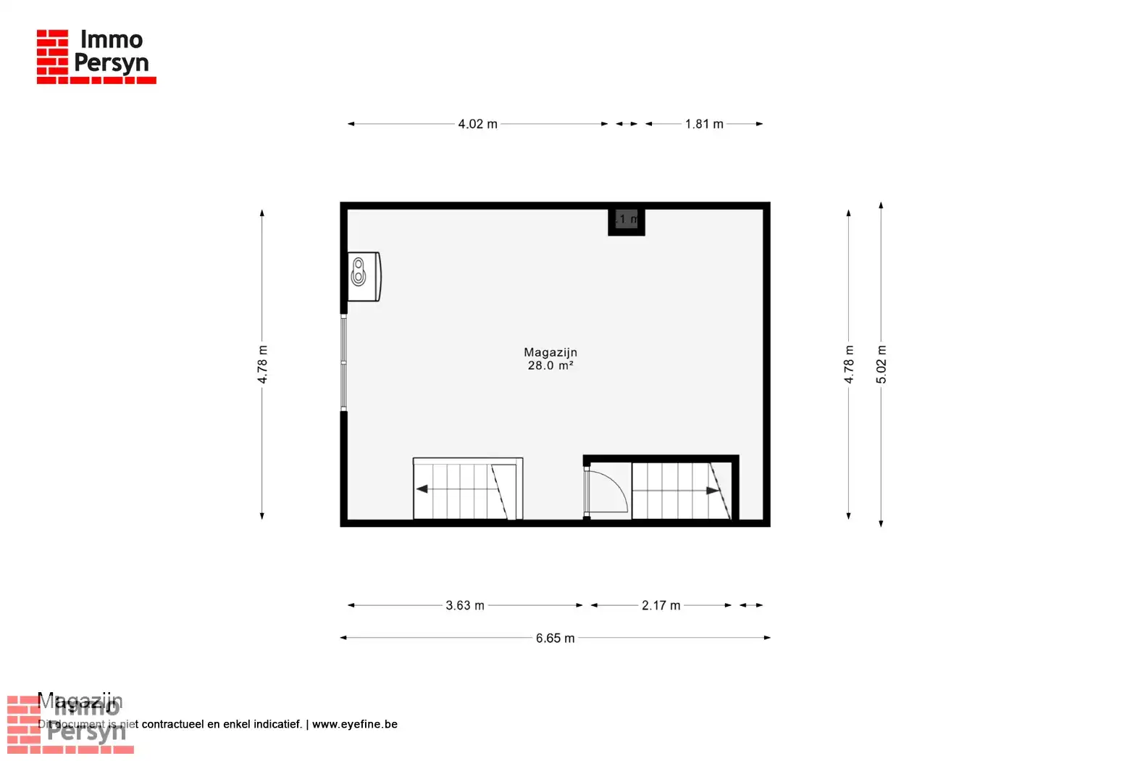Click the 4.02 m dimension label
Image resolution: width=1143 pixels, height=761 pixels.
pyautogui.click(x=477, y=124)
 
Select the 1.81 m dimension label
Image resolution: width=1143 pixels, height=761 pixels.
pyautogui.click(x=704, y=124)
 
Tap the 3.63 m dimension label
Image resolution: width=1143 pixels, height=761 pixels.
pyautogui.click(x=465, y=605)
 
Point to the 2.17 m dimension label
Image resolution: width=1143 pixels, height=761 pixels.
pyautogui.click(x=661, y=605)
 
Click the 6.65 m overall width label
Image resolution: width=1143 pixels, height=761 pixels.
pyautogui.click(x=555, y=639)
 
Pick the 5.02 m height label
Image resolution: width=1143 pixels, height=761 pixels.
pyautogui.click(x=881, y=365)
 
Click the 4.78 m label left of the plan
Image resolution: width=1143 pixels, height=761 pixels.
pyautogui.click(x=262, y=365)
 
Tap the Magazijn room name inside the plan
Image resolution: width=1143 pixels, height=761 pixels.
pyautogui.click(x=550, y=352)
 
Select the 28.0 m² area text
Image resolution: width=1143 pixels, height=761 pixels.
pyautogui.click(x=550, y=366)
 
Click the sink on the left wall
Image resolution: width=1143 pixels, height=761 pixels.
pyautogui.click(x=363, y=276)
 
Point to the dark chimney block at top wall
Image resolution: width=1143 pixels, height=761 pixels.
pyautogui.click(x=626, y=220)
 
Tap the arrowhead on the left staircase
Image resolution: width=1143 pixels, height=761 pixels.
pyautogui.click(x=422, y=489)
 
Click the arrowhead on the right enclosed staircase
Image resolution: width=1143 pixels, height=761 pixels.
pyautogui.click(x=713, y=491)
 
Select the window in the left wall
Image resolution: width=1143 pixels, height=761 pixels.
pyautogui.click(x=344, y=362)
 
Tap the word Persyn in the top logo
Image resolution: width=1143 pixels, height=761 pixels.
pyautogui.click(x=112, y=64)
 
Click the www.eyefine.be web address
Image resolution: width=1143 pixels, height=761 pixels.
pyautogui.click(x=355, y=724)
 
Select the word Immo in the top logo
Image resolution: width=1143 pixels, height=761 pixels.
pyautogui.click(x=112, y=39)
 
